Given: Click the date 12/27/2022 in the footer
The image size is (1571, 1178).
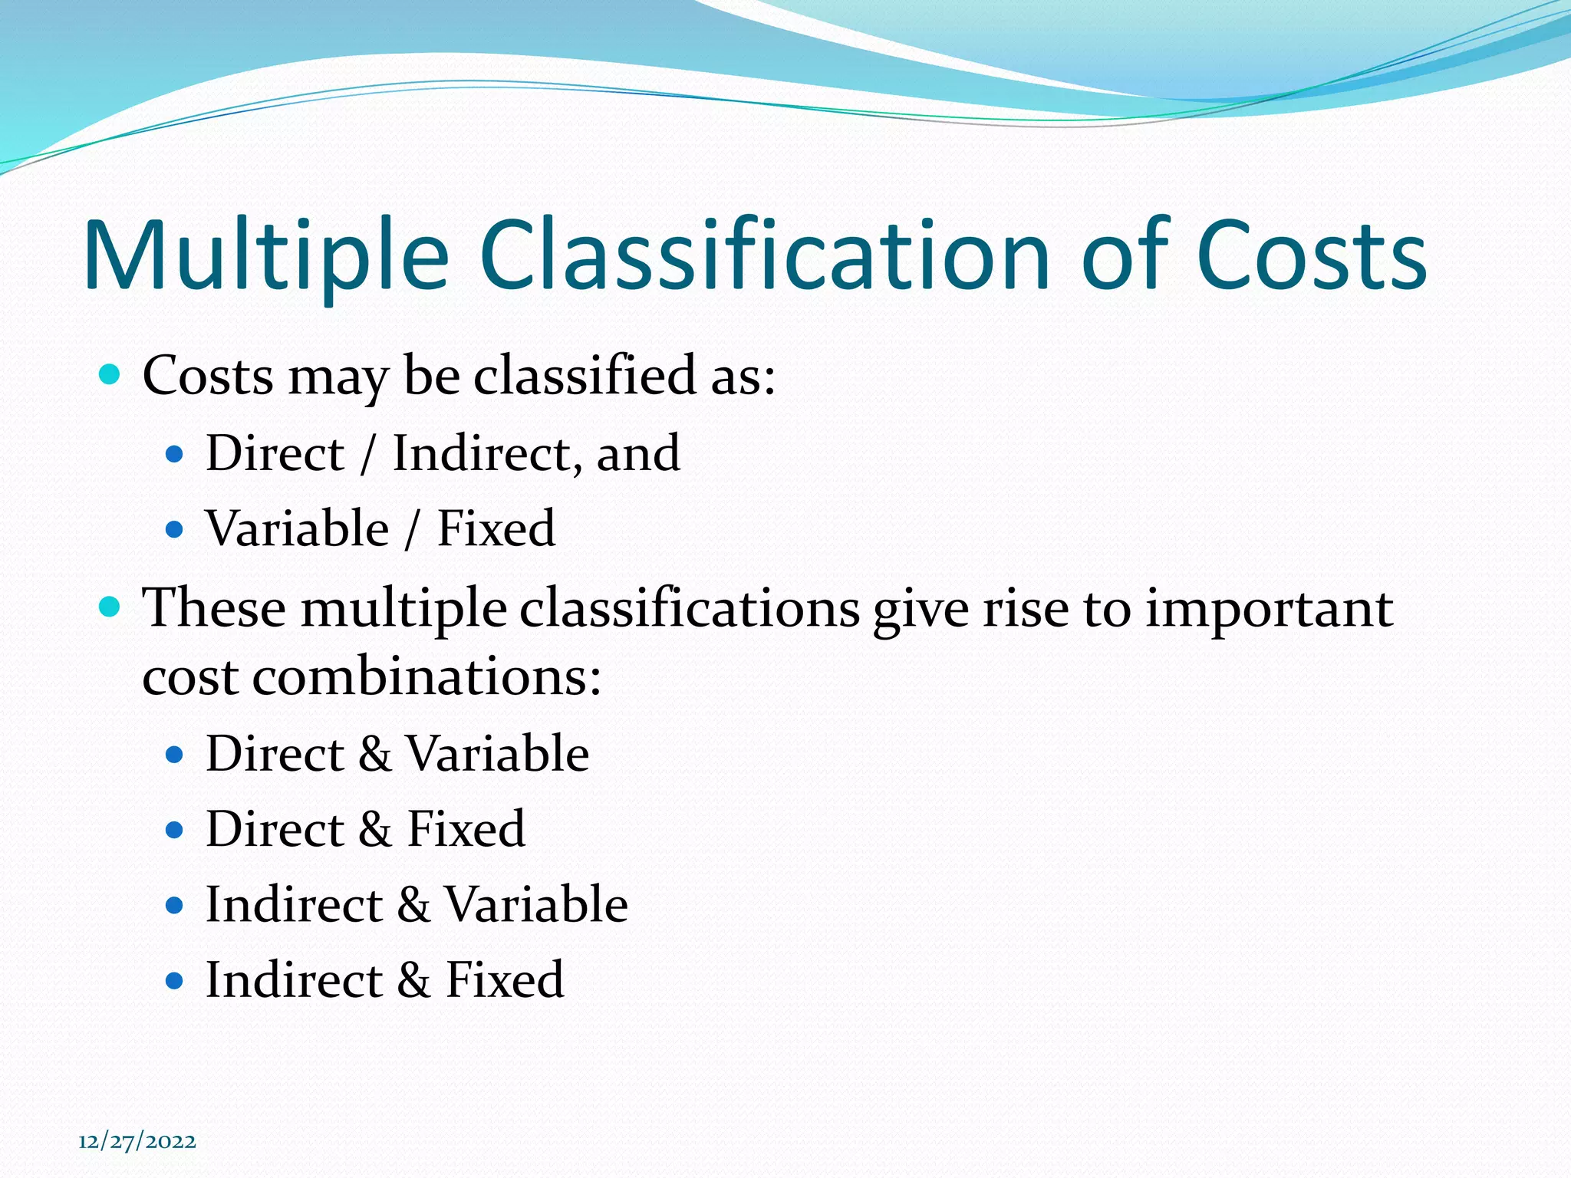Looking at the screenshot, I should (137, 1141).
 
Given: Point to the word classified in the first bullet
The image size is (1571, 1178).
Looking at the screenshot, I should (584, 376).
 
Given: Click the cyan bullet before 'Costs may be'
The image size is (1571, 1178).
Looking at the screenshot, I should (110, 375).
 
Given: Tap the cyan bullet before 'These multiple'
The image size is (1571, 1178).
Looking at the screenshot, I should (110, 608).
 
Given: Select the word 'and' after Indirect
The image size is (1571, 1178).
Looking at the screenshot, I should (638, 453).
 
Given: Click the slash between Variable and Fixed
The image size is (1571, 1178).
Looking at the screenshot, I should (413, 529).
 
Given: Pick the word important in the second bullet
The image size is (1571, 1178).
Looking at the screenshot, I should (1269, 609).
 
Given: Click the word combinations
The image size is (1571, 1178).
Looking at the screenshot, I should (426, 678).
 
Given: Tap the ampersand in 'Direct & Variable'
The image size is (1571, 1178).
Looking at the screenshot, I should (375, 754).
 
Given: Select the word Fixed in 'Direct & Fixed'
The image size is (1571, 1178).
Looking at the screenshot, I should (466, 829).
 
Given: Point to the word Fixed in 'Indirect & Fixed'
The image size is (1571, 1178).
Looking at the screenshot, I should (505, 980).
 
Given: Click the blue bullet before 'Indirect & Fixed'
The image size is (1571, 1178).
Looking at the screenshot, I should (175, 981).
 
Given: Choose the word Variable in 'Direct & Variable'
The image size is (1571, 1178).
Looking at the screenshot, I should (497, 754).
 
